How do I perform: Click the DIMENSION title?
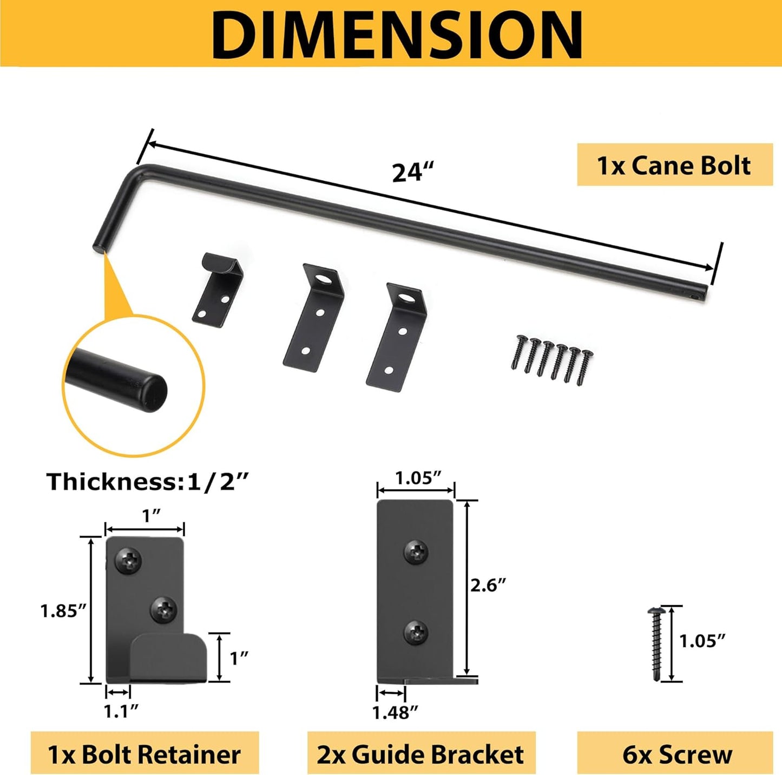tap(396, 34)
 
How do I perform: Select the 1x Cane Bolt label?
tap(674, 165)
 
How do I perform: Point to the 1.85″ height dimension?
tap(64, 611)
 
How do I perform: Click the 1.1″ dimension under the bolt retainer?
tap(121, 711)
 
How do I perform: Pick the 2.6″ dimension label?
tap(488, 585)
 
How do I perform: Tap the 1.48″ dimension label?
tap(395, 713)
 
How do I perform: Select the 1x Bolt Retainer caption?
tap(144, 754)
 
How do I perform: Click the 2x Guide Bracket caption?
tap(420, 754)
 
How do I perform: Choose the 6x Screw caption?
tap(677, 754)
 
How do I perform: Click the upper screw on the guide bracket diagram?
tap(416, 552)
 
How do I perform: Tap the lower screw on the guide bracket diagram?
tap(416, 632)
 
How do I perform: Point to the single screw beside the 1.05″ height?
tap(655, 642)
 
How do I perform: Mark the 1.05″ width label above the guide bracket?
tap(418, 478)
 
